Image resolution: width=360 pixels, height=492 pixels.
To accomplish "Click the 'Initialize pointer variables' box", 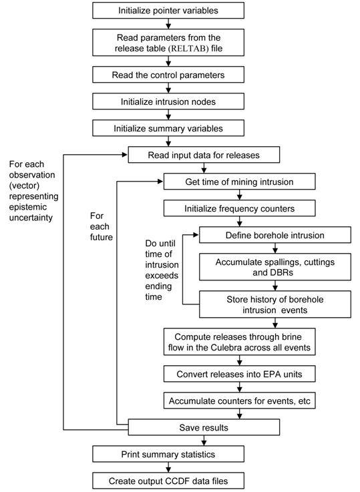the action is (168, 11).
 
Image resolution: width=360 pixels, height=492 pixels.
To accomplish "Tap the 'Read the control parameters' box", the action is (168, 75).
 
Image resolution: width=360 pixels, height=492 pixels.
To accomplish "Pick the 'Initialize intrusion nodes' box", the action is (168, 101).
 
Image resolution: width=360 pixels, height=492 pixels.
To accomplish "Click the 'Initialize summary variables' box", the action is (168, 128).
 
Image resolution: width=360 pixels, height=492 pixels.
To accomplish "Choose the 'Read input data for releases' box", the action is (204, 155).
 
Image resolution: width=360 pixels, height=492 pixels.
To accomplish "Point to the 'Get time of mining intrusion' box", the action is (240, 182).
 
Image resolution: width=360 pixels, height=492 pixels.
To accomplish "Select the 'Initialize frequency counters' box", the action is (240, 208).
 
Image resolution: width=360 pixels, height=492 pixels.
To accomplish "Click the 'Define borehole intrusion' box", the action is (275, 235).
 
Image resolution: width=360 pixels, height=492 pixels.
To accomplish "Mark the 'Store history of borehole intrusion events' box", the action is (275, 304).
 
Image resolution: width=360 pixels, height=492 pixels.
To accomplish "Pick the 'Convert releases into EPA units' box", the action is (240, 374).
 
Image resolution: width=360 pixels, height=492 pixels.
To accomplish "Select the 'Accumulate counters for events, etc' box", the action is (240, 401).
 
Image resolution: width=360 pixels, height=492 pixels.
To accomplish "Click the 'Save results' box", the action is (204, 427).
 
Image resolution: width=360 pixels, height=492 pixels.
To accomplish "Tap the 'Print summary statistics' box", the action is (168, 454).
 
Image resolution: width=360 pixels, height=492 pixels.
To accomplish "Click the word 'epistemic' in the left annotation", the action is (28, 207).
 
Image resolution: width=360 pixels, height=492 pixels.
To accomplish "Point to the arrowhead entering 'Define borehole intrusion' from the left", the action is (196, 235).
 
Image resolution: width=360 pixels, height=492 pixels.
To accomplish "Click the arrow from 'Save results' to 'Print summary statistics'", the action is (204, 441).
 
